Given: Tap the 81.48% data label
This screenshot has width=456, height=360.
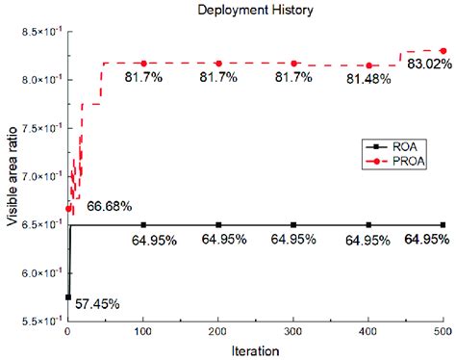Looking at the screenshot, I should (x=366, y=79).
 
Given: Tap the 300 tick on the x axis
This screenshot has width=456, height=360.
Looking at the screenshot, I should (x=293, y=331).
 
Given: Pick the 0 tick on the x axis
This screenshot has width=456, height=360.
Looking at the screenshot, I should (x=67, y=331).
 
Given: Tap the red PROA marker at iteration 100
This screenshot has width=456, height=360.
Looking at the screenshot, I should (x=143, y=64).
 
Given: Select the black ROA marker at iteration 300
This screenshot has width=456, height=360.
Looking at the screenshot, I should (x=293, y=225).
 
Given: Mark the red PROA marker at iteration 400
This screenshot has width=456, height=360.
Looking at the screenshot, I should (x=368, y=65).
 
